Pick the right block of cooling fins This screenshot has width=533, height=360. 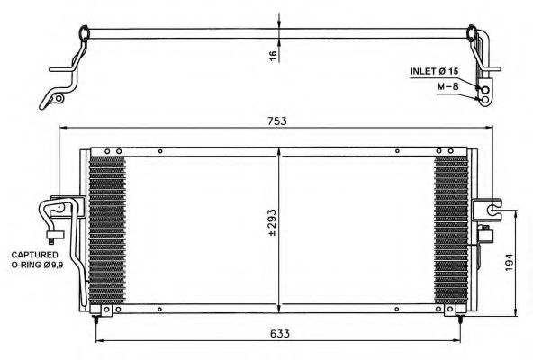[x=451, y=229]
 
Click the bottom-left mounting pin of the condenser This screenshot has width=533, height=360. [x=96, y=317]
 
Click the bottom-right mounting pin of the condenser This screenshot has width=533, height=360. [x=463, y=317]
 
